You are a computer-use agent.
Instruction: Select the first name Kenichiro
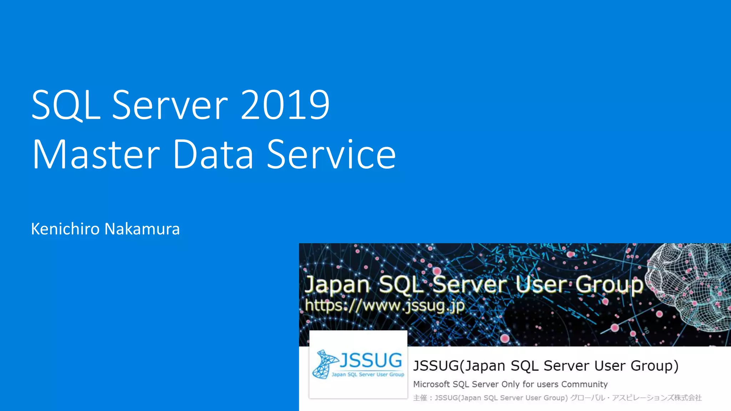65,229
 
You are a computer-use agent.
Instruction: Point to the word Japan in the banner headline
337,285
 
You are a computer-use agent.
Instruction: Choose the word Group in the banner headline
609,285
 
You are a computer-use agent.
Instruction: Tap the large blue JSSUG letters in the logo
370,360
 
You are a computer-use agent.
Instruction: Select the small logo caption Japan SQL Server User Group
368,375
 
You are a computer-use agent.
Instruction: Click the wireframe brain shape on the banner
689,285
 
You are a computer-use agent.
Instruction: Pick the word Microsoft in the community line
431,384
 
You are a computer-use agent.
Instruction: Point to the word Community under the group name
584,384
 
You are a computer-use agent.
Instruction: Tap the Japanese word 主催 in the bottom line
420,398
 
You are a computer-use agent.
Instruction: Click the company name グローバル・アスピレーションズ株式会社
636,398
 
